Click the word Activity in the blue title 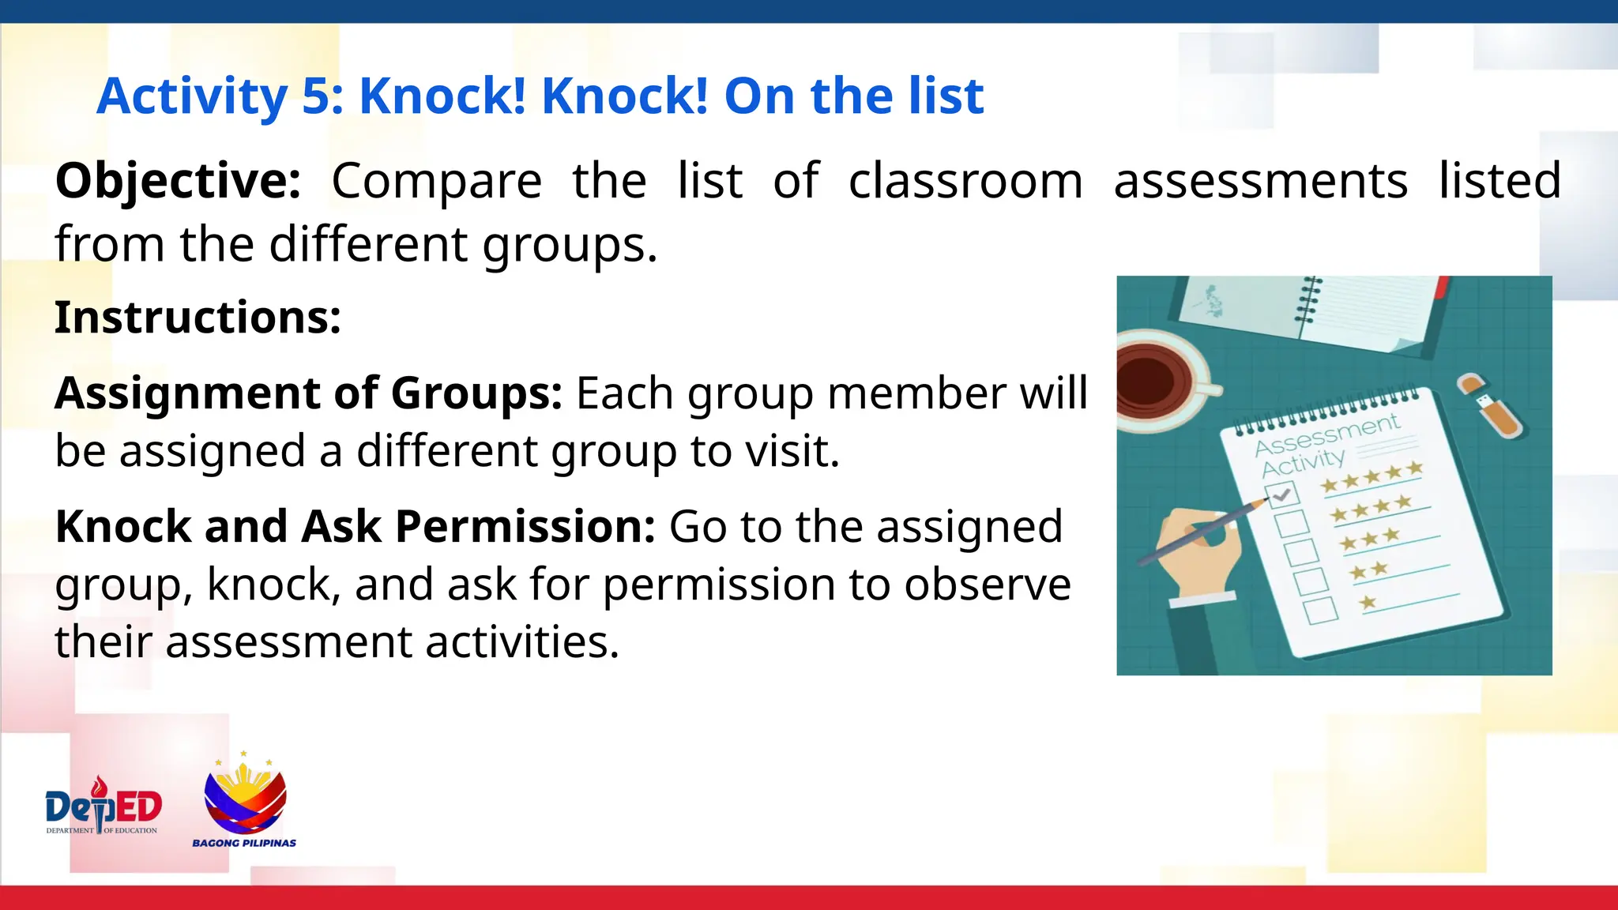192,96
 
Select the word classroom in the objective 965,182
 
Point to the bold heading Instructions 198,318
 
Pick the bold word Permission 525,527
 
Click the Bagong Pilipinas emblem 245,799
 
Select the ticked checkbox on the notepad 1281,494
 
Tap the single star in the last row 1368,604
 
